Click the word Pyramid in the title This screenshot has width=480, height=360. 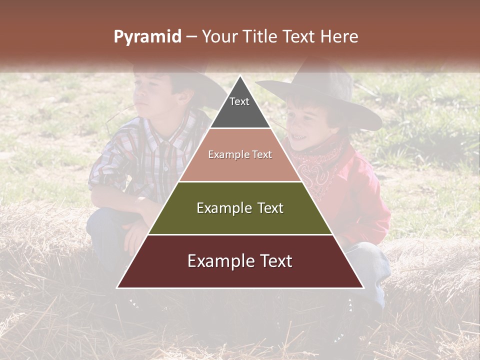coord(147,37)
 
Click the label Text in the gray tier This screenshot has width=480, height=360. coord(239,101)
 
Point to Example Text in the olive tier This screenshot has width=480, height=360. coord(240,208)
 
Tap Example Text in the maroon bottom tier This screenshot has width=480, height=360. coord(240,261)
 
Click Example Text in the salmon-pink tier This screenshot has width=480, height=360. coord(240,154)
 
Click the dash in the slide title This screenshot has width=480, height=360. coord(191,37)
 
